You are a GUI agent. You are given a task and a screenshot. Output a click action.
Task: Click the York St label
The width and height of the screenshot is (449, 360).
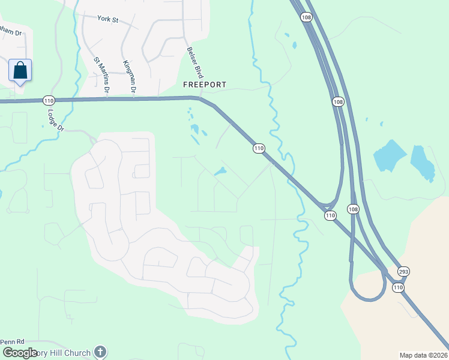(x=108, y=20)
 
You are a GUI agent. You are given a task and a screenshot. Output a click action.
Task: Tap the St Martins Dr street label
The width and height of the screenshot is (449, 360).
(x=101, y=75)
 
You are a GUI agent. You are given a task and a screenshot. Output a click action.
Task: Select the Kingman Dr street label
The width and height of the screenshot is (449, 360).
(x=130, y=77)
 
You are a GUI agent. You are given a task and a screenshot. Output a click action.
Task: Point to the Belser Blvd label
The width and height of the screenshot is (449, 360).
(x=196, y=64)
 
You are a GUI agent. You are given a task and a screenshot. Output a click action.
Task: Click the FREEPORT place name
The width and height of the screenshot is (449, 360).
(x=205, y=85)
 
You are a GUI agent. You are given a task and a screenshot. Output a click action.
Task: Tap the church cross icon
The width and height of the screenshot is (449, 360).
(x=100, y=352)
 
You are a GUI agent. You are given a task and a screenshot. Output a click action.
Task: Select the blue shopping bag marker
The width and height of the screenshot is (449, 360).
(x=20, y=70)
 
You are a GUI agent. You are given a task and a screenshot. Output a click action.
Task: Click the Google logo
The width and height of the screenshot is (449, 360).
(x=19, y=353)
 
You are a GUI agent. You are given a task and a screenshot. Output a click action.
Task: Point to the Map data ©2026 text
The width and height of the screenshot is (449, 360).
(x=423, y=355)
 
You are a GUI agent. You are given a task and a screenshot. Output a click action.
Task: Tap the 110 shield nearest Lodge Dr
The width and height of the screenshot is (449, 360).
(x=49, y=100)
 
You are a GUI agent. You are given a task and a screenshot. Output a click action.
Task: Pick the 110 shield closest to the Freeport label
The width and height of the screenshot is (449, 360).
(x=259, y=148)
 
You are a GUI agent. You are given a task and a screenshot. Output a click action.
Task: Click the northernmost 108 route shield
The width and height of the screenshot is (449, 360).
(x=306, y=17)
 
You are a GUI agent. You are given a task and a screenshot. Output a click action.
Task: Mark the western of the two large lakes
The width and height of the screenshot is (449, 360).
(x=390, y=156)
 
